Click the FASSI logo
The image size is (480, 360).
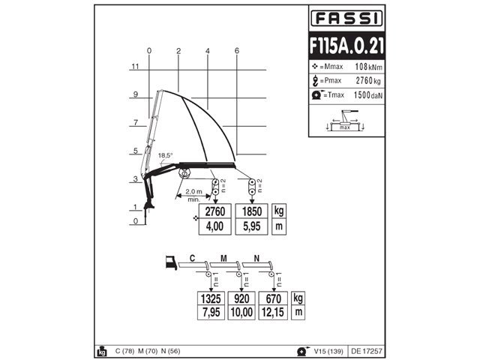[346, 18]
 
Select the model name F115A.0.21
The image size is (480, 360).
[346, 46]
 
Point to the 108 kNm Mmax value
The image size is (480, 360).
[368, 67]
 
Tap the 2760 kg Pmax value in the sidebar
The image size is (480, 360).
[368, 80]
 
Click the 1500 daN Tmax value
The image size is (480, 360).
[368, 95]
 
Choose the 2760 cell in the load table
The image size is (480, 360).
[215, 211]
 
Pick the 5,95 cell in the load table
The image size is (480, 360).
[252, 226]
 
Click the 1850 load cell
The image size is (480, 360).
[252, 211]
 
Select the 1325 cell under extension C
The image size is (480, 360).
[211, 298]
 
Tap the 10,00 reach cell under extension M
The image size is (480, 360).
[241, 313]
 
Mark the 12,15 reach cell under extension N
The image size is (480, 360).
[273, 313]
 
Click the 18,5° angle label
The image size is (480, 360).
[165, 155]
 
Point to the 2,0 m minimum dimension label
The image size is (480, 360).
[193, 192]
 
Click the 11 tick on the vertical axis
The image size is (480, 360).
[135, 66]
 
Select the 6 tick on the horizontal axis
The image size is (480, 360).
[237, 51]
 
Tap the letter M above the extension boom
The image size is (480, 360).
[223, 259]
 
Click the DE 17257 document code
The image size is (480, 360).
[367, 351]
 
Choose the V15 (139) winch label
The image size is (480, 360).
[328, 351]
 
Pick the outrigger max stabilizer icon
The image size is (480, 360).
[345, 121]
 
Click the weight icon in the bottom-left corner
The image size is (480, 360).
[102, 352]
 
